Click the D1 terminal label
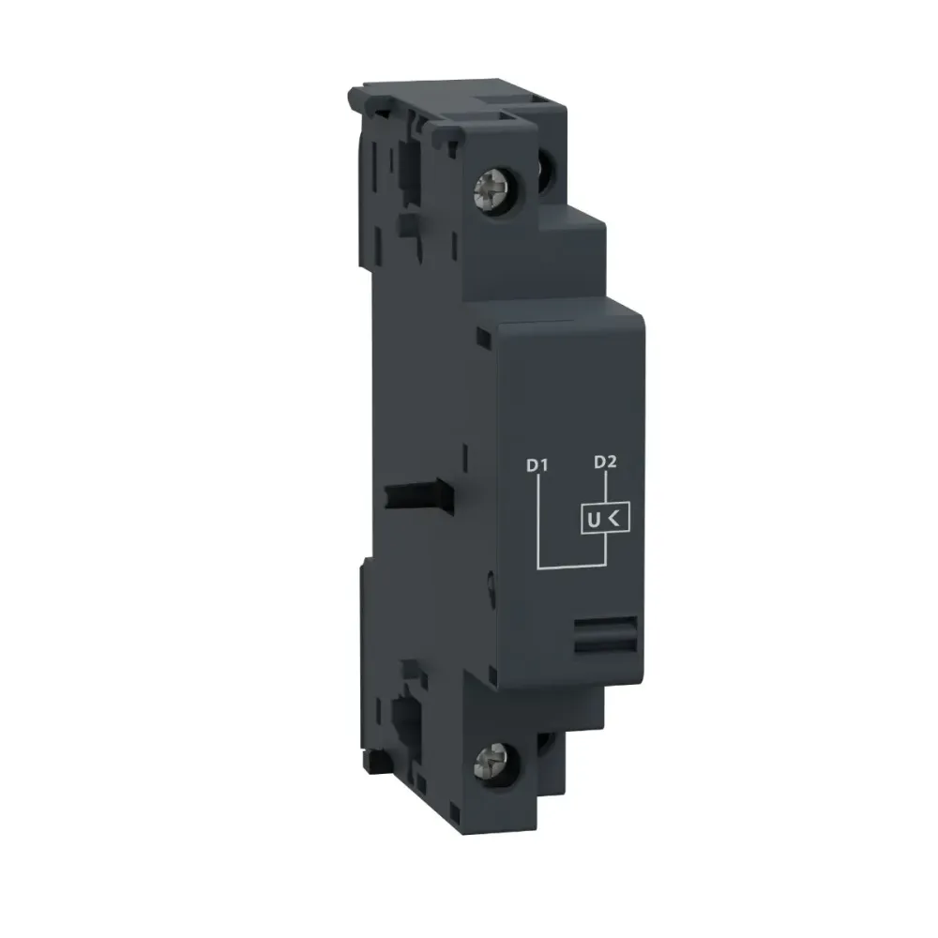click(537, 463)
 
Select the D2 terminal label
click(606, 462)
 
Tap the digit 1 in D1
click(543, 463)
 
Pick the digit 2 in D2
click(613, 462)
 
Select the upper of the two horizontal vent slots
click(600, 625)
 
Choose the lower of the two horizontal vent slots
click(600, 643)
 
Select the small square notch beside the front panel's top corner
click(482, 336)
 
